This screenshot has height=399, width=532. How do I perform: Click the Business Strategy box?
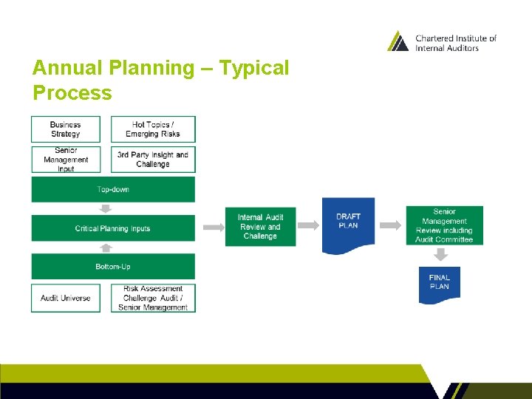pos(66,129)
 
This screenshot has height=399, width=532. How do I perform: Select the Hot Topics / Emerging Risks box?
pos(153,129)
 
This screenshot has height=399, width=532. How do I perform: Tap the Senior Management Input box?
pos(66,160)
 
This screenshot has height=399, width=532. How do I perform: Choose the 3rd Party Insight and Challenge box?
pos(153,160)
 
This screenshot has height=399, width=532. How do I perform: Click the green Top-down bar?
pos(113,189)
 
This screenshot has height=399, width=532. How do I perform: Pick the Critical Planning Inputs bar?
pos(113,228)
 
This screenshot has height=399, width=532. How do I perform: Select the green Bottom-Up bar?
pos(113,266)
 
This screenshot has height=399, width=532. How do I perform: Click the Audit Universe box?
pos(66,298)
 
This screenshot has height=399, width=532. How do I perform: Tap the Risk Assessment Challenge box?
pos(153,298)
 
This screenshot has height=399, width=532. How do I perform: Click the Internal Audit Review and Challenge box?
pos(260,226)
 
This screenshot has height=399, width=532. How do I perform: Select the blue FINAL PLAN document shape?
pos(439,284)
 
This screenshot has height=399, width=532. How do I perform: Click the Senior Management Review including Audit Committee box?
pos(444,225)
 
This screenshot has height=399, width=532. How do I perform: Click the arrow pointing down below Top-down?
pos(104,208)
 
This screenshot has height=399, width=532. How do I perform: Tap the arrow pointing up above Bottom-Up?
pos(104,248)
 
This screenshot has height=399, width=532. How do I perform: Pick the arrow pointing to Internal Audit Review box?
pos(211,226)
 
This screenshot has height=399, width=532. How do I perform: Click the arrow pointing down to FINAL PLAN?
pos(440,255)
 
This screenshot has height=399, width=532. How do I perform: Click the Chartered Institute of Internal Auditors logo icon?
pos(398,41)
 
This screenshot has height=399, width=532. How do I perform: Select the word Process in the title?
pos(72,94)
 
